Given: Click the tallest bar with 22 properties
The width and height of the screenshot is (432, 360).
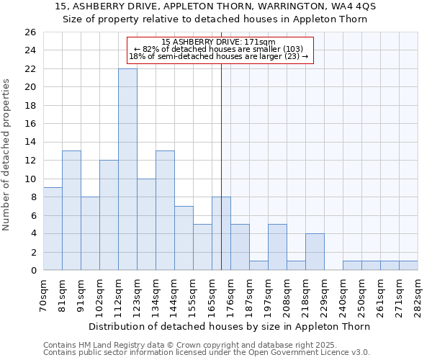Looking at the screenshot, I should [x=127, y=169].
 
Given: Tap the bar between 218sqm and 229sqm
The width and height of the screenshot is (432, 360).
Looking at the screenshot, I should [x=315, y=251].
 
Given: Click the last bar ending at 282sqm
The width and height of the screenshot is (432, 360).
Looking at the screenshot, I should [x=408, y=265].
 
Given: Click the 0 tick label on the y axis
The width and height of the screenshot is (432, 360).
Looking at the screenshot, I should [x=33, y=271].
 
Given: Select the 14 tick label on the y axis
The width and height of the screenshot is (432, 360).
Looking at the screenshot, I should [x=30, y=143].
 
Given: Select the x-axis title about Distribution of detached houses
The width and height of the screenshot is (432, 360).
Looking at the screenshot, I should [x=230, y=326].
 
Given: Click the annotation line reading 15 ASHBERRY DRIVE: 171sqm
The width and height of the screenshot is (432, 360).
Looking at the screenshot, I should [x=219, y=42].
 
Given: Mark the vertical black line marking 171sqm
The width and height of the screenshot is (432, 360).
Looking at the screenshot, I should [x=221, y=166].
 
